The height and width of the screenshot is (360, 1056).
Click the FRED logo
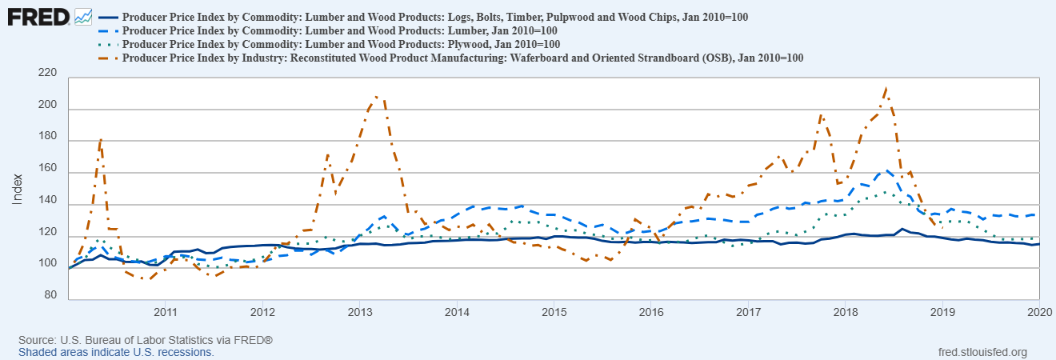click(x=38, y=15)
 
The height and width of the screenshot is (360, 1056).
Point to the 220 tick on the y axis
click(x=47, y=74)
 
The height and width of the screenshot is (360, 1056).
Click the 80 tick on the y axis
click(x=51, y=296)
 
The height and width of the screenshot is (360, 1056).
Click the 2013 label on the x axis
click(x=359, y=311)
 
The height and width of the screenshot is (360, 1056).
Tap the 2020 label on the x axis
click(x=1038, y=311)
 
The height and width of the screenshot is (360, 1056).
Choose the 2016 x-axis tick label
click(x=650, y=311)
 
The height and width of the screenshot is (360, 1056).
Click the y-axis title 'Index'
click(x=17, y=188)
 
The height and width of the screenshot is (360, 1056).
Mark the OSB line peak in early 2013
click(x=376, y=97)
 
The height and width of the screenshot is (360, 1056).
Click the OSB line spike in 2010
click(x=101, y=139)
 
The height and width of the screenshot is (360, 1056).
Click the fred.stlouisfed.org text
click(x=981, y=352)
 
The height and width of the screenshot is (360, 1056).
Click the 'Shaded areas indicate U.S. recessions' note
click(x=116, y=352)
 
